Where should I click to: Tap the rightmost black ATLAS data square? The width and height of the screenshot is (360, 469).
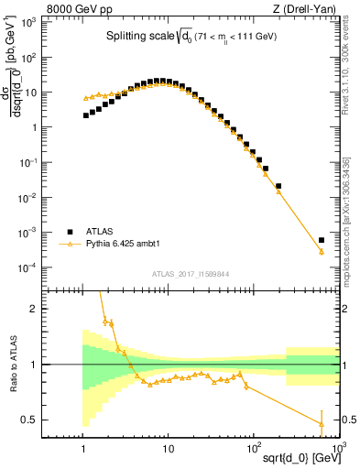point(322,240)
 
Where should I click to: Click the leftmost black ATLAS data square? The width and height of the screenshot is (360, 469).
point(85,115)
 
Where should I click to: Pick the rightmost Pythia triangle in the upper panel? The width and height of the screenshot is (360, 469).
point(322,252)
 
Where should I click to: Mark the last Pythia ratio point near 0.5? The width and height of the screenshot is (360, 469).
point(322,422)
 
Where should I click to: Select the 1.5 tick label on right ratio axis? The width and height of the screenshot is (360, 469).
point(350,337)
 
